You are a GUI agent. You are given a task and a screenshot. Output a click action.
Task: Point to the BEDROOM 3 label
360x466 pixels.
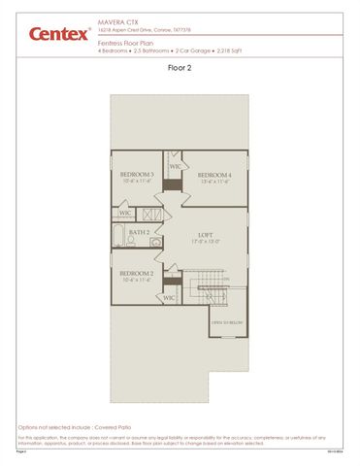click(x=138, y=175)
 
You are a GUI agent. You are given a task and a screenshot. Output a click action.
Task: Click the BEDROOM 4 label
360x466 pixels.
click(x=213, y=175)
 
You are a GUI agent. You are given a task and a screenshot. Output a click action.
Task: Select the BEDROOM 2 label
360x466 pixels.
click(x=137, y=274)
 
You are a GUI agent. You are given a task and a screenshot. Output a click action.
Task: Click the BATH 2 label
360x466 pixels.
click(x=139, y=233)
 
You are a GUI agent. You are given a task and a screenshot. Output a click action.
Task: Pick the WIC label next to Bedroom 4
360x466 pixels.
click(x=174, y=166)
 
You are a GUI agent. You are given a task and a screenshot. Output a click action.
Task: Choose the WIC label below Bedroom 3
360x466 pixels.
click(x=125, y=214)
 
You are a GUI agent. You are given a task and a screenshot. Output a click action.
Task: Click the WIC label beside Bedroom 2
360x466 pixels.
click(x=169, y=297)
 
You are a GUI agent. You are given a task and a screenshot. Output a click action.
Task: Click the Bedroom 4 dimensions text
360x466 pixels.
click(x=213, y=182)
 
